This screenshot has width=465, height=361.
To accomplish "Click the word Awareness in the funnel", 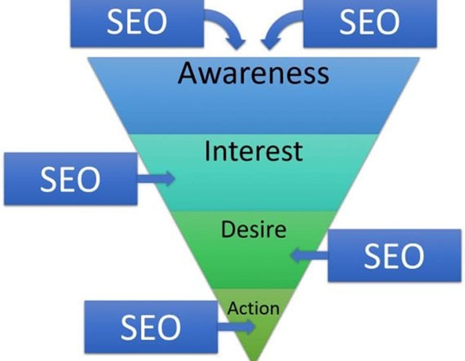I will coord(253,73).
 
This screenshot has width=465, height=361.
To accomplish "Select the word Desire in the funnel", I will coord(253,229).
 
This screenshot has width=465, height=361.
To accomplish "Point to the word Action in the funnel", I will coord(253,308).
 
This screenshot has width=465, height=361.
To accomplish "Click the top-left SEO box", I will coord(137,23).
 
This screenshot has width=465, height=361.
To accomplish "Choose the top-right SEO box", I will coord(369,23).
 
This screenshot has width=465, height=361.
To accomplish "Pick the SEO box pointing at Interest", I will coord(70,179).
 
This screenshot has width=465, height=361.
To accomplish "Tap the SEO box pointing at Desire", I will coord(394,255).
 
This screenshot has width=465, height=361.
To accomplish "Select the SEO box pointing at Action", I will coord(151,327).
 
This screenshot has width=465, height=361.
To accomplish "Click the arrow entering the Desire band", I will coord(308,255).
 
